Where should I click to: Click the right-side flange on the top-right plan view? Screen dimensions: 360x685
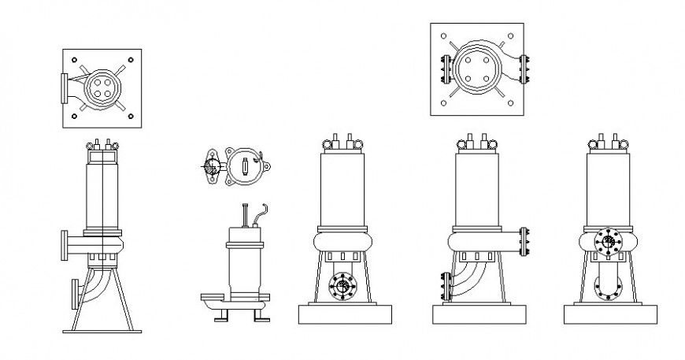point(526,69)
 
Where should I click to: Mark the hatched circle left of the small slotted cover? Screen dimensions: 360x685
point(212,167)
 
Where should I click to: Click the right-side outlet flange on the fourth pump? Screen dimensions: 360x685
point(523,242)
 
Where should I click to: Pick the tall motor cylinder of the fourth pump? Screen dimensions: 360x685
point(477,189)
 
